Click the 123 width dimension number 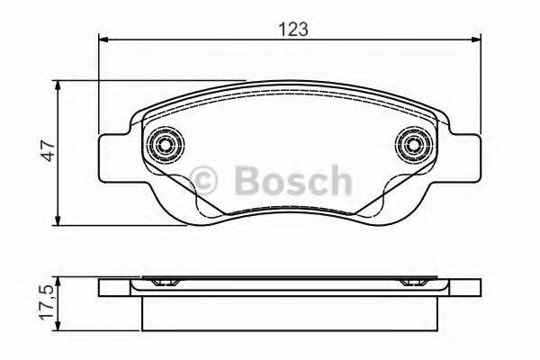(x=294, y=28)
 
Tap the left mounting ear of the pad (x=112, y=154)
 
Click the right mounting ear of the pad (x=466, y=154)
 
